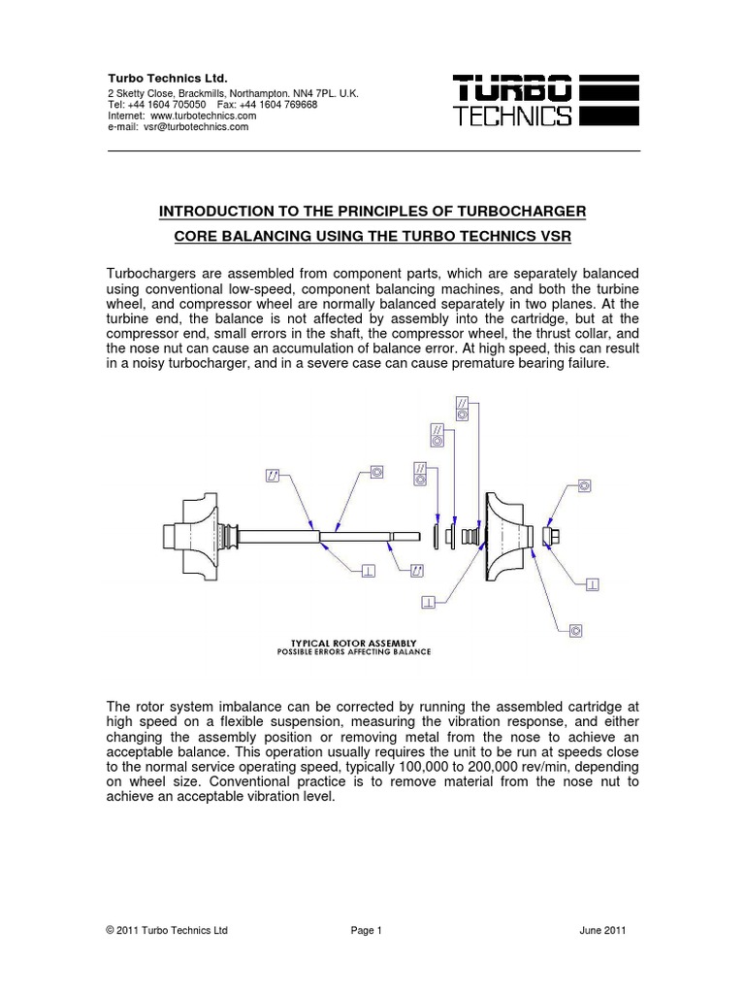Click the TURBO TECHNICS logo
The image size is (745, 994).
(x=546, y=103)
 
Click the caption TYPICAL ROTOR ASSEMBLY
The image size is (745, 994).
(x=354, y=643)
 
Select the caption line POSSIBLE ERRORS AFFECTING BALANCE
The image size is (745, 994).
(x=353, y=652)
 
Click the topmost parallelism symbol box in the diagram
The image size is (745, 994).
(x=462, y=406)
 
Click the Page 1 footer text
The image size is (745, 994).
(x=367, y=930)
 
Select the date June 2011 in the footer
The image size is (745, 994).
(x=602, y=930)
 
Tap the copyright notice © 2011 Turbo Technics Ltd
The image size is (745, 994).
(x=166, y=930)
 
